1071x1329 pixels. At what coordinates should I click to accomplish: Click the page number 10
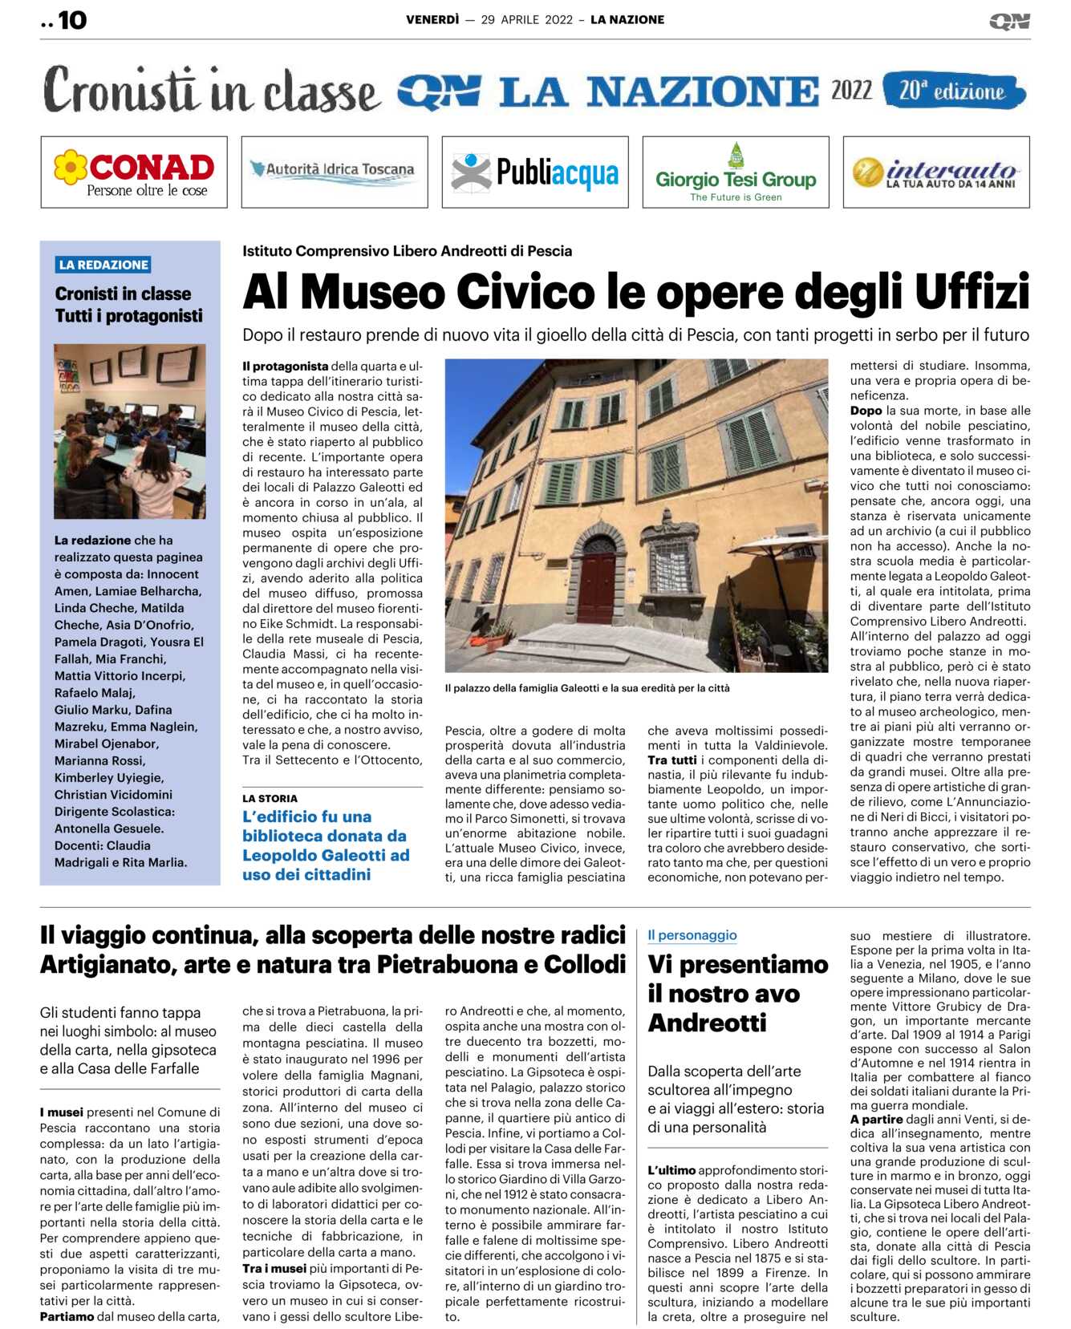coord(71,20)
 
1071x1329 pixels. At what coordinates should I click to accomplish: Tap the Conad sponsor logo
coord(134,172)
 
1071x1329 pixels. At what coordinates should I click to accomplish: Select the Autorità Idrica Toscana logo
coord(334,172)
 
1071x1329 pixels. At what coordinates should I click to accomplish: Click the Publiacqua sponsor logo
coord(535,172)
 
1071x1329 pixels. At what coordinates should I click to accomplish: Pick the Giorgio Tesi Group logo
coord(736,172)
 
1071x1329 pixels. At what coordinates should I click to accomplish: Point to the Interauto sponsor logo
coord(936,172)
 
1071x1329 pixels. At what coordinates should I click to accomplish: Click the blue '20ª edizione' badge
coord(953,91)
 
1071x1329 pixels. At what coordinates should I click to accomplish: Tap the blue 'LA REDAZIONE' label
coord(103,265)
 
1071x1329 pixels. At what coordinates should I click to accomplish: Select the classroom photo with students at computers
coord(130,432)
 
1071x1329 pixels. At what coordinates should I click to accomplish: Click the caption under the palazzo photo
coord(587,688)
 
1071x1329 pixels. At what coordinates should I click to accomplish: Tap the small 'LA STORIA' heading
coord(270,798)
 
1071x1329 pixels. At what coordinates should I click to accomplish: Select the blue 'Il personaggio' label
coord(692,935)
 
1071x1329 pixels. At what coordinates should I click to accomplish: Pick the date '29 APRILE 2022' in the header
coord(526,20)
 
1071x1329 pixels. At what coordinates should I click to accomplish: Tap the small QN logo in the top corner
coord(1009,22)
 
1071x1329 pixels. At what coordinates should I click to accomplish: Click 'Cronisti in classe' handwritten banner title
coord(212,91)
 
